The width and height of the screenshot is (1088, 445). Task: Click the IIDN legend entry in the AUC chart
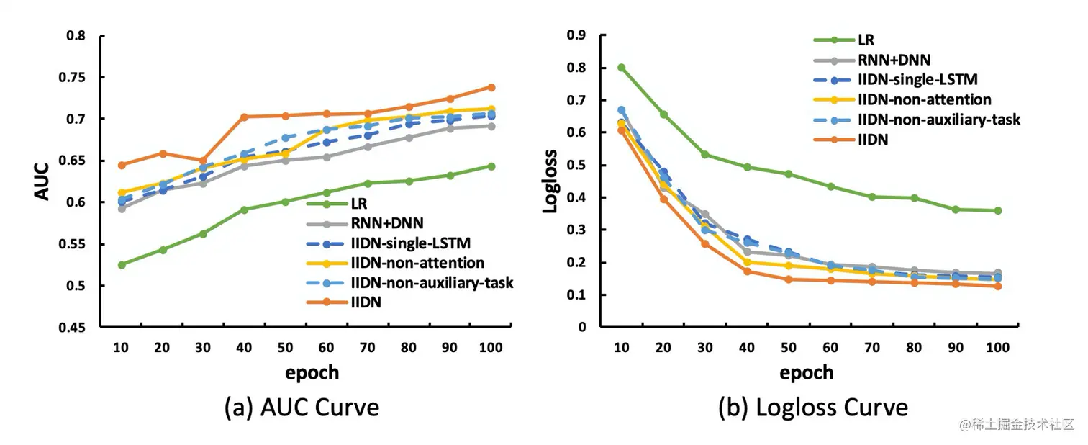[x=366, y=302]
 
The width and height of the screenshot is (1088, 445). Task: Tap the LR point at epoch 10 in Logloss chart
[x=621, y=68]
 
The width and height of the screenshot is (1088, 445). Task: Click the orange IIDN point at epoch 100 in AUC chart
[x=491, y=87]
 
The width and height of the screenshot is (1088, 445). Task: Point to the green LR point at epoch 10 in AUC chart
[x=122, y=265]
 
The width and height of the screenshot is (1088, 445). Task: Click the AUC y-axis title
[x=41, y=181]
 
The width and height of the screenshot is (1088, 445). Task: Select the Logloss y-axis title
[x=550, y=181]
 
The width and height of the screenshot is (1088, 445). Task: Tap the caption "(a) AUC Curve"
[x=302, y=408]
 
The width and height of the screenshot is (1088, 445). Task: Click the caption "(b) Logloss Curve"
[x=812, y=408]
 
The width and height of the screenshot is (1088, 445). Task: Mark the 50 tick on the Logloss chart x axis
[x=789, y=348]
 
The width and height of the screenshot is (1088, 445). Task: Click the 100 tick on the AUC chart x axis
[x=491, y=348]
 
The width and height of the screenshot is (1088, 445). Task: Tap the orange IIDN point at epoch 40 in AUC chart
[x=245, y=117]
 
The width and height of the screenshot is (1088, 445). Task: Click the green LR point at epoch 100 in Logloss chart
[x=997, y=211]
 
